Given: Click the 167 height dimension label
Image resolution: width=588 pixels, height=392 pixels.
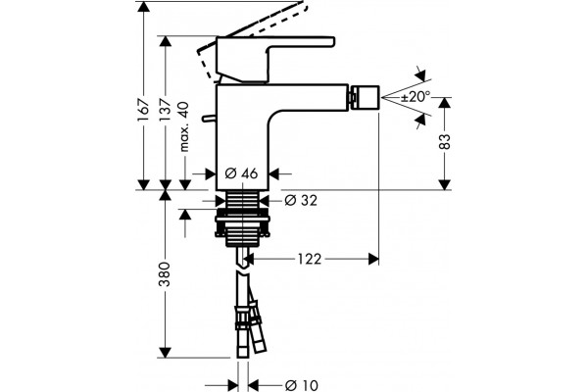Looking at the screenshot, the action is coord(143,110).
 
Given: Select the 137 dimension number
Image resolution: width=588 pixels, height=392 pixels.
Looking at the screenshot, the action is coord(165,110).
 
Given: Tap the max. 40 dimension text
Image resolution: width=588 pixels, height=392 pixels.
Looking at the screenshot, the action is coord(184,126).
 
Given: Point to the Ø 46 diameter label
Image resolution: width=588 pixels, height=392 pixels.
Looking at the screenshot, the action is coord(242,173).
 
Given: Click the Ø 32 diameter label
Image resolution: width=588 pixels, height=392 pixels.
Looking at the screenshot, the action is coord(301,200).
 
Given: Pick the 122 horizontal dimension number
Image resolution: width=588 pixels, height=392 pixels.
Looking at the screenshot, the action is coord(310,259).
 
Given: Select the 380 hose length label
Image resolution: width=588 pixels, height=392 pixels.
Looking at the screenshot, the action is coord(165,274).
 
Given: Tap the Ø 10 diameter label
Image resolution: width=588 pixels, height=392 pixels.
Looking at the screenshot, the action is coord(301,385).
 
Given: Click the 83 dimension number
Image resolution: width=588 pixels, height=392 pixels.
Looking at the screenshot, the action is coord(444,141).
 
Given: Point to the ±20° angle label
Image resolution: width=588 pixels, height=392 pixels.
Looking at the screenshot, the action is coord(416,97).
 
